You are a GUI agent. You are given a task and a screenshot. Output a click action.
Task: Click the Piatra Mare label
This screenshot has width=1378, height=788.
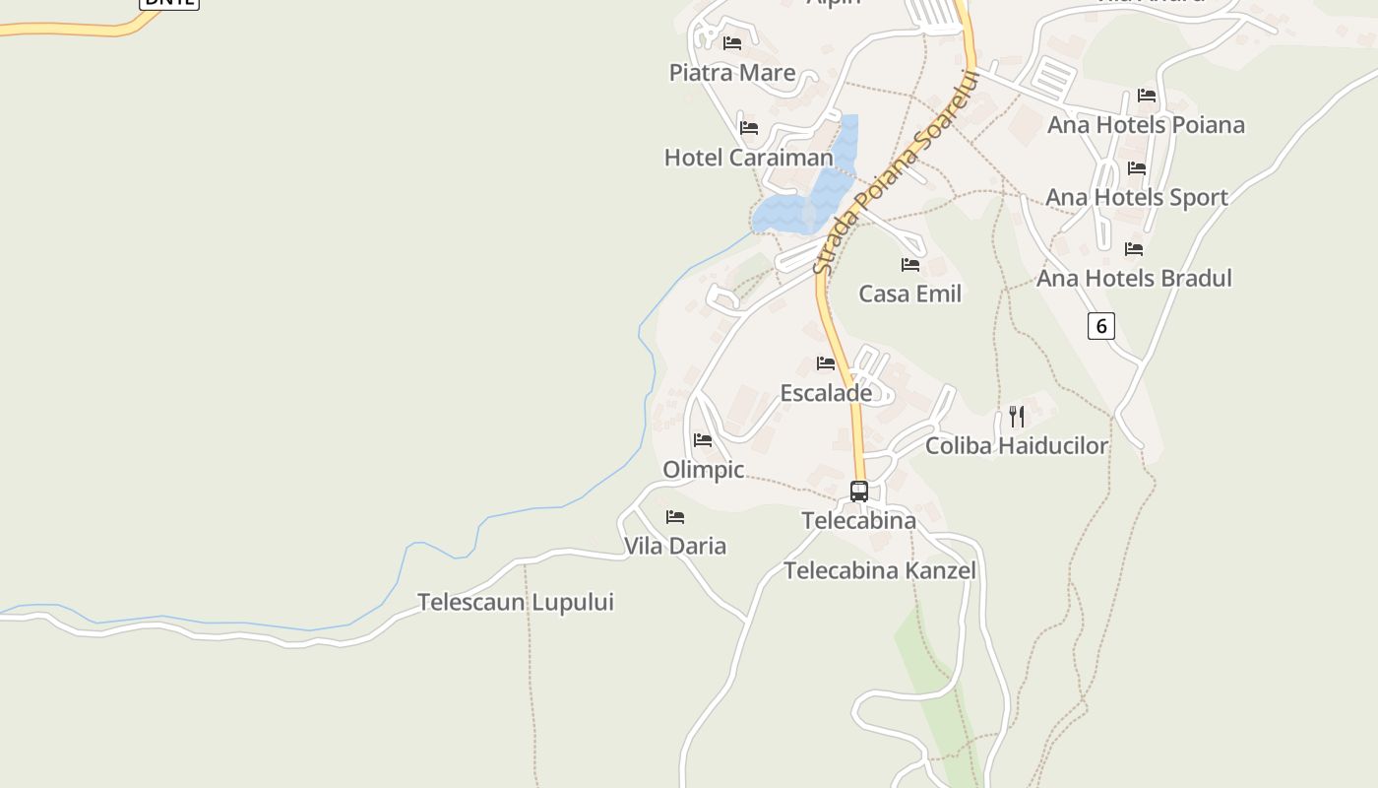pos(732,73)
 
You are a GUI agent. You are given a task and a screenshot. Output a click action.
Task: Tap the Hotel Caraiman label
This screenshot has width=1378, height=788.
pos(748,158)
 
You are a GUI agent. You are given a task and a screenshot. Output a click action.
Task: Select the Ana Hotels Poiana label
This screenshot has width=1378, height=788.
pos(1146,125)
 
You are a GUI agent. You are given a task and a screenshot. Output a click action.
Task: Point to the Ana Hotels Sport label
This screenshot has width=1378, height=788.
pos(1137,197)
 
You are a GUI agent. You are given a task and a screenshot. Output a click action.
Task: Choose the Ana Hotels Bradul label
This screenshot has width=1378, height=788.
pos(1134,279)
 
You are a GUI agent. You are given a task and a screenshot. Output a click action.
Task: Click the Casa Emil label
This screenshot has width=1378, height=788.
pos(909,294)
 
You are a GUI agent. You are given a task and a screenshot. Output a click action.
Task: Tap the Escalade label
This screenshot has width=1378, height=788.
pos(826,393)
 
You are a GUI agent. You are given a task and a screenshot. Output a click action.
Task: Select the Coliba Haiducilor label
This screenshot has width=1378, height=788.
pos(1017,446)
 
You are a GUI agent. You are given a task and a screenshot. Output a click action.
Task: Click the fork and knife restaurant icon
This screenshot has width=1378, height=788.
pos(1017,417)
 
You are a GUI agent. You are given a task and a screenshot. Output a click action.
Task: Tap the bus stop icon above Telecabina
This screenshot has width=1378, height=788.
pos(859,491)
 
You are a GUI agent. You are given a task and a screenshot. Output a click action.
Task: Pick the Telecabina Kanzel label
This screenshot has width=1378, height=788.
pos(880,570)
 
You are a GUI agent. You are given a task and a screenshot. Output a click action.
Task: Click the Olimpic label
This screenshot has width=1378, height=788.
pos(703,470)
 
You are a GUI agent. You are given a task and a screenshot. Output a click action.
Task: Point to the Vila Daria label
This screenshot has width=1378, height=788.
pos(675,546)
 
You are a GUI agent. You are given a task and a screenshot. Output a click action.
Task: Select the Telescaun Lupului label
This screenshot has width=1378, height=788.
pos(516,602)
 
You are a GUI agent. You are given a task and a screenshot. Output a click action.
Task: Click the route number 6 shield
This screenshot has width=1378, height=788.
pos(1100,326)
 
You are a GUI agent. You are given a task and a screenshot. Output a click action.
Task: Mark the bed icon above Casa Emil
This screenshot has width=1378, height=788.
pos(910,265)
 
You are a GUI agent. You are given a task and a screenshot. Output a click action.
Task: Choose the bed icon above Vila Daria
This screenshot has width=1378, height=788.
pos(675,517)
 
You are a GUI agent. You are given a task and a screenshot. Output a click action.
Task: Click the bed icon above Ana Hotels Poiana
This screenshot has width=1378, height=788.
pos(1147,96)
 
